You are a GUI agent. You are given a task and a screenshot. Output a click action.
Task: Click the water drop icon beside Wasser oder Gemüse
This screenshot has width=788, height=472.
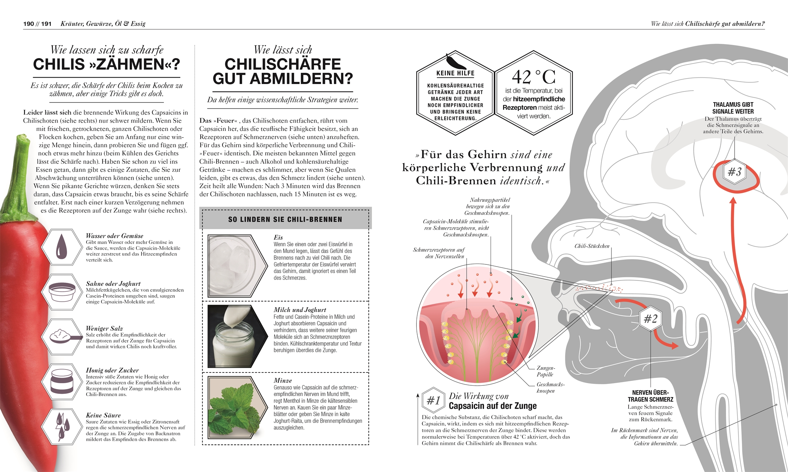click(62, 247)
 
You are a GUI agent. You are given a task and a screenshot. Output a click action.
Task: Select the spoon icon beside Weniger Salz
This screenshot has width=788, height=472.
click(62, 336)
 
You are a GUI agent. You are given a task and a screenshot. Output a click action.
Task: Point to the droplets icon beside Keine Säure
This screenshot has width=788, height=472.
click(62, 427)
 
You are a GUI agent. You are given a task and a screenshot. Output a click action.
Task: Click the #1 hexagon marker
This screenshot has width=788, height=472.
click(433, 400)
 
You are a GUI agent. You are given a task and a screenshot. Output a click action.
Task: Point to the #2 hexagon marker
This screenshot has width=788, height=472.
click(651, 319)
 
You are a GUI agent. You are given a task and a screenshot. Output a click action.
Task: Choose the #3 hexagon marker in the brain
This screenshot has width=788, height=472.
click(735, 172)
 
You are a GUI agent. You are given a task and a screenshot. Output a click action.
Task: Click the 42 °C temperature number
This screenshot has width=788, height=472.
click(533, 77)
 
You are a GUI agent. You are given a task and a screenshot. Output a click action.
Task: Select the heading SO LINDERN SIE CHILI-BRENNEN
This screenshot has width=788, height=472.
click(285, 219)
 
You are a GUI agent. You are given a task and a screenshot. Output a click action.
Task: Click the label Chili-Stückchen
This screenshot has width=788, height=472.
click(592, 246)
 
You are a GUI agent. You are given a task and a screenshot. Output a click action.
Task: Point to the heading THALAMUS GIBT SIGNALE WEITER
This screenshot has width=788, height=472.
click(733, 108)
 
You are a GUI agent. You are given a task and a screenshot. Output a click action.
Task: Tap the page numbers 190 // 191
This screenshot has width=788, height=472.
click(37, 24)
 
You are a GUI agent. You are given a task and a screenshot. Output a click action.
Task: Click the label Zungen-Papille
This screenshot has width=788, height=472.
click(545, 371)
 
